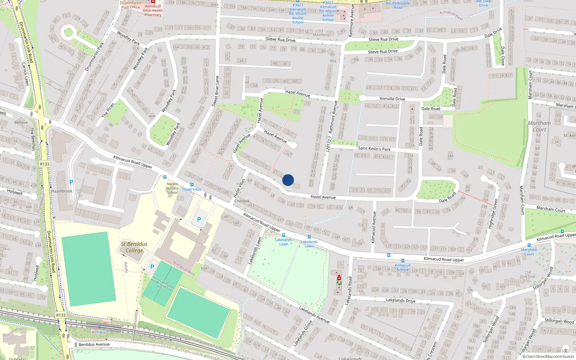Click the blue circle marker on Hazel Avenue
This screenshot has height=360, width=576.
tap(288, 180)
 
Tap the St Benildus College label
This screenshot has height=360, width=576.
tap(134, 247)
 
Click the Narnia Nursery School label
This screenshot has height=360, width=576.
tap(172, 188)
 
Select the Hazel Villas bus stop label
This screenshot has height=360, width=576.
tap(192, 189)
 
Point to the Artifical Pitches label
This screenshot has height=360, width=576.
tap(162, 284)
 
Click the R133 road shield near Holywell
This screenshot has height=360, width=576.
tap(45, 164)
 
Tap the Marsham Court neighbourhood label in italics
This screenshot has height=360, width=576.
tap(539, 126)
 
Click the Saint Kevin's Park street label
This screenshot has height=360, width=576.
tap(374, 148)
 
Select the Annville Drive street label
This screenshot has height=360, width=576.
tap(392, 99)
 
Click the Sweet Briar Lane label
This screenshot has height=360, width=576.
tap(215, 91)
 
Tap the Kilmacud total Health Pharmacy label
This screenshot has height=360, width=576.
tap(153, 10)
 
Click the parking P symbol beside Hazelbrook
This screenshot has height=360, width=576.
tap(71, 182)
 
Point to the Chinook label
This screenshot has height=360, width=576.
tap(242, 201)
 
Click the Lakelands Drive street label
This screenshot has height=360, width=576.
tap(400, 300)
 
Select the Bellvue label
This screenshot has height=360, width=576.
tap(21, 122)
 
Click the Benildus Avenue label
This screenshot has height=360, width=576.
tap(94, 345)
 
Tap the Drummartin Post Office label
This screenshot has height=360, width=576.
tap(130, 5)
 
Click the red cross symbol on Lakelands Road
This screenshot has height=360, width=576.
tap(339, 278)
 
